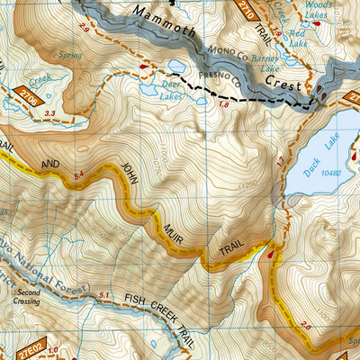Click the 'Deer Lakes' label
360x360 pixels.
tap(170, 93)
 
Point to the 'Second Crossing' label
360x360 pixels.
tap(27, 297)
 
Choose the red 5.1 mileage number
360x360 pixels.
tap(104, 295)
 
